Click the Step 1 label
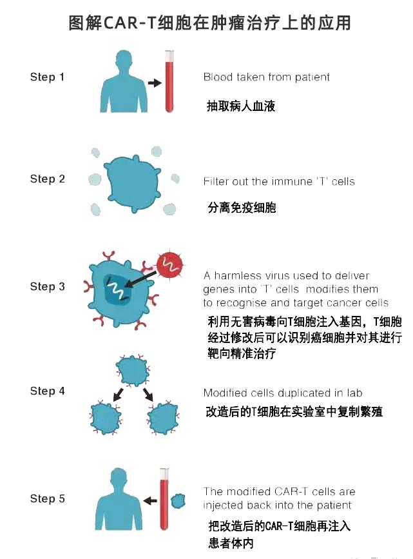tap(47, 77)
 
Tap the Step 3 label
tap(47, 286)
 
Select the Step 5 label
tap(47, 498)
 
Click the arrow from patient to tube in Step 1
tap(154, 83)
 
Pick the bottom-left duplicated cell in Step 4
tap(106, 417)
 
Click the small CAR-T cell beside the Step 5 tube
tap(178, 501)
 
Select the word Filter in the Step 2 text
tap(216, 182)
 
